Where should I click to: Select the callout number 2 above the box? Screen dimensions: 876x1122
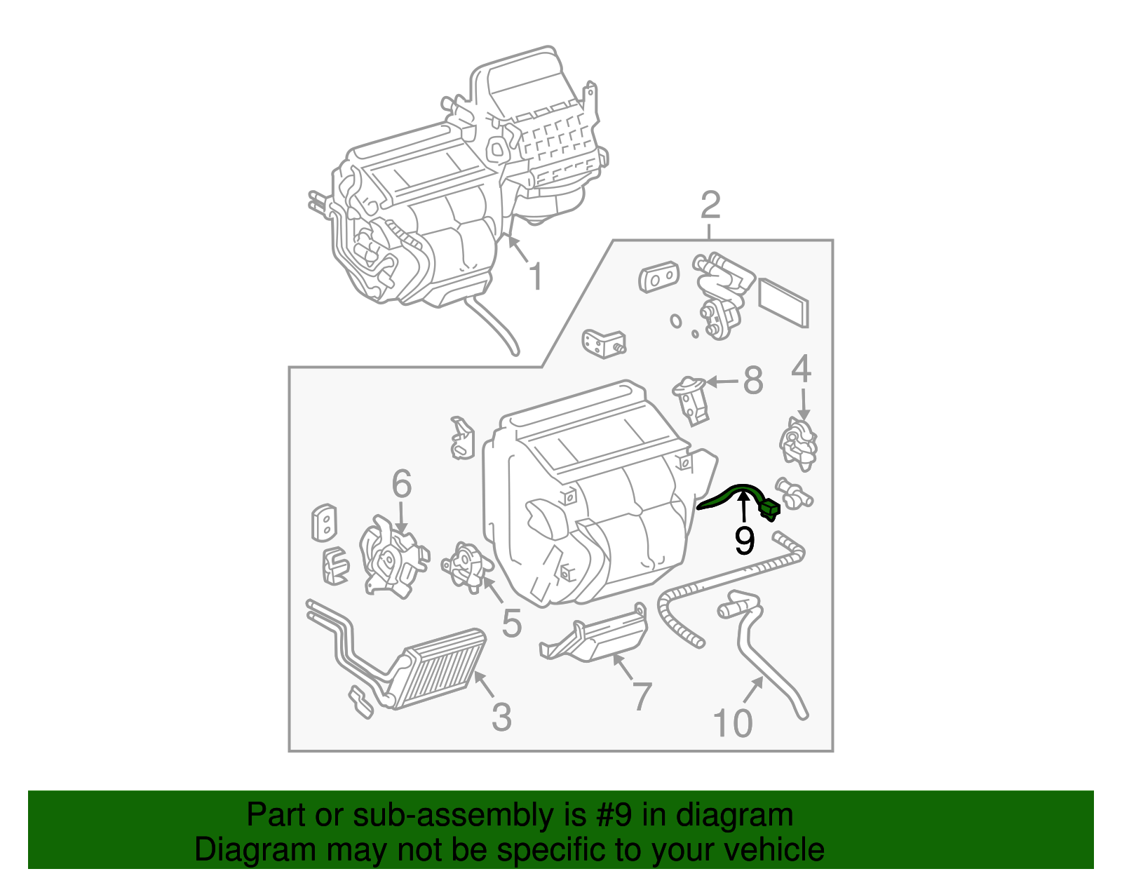click(x=710, y=205)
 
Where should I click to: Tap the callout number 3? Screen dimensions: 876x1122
click(x=501, y=717)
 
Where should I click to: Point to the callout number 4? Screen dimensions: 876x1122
click(x=802, y=370)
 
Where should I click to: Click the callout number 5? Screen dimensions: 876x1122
click(x=512, y=623)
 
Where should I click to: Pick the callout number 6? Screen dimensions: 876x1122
click(x=401, y=483)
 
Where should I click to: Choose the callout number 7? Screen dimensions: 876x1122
click(x=642, y=696)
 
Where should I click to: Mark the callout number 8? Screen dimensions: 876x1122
click(x=752, y=382)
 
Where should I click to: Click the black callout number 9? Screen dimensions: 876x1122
click(x=744, y=541)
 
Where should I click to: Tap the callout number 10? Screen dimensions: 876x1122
click(x=733, y=723)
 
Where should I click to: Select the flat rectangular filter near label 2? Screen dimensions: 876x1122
click(x=784, y=302)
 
